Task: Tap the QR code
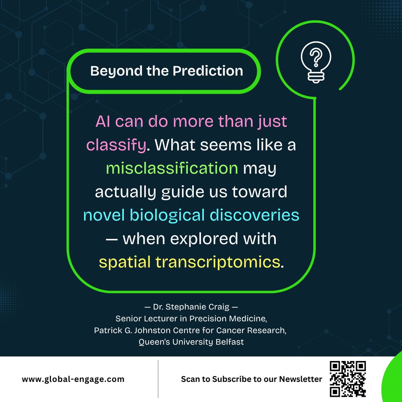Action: point(348,379)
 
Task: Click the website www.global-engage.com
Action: point(73,379)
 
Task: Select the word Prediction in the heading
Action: point(208,71)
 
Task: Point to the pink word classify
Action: point(116,145)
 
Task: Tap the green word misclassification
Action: point(172,168)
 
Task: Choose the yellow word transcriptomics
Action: point(217,262)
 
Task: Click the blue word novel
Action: point(104,215)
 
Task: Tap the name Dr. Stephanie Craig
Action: point(191,308)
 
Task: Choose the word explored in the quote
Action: point(199,238)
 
